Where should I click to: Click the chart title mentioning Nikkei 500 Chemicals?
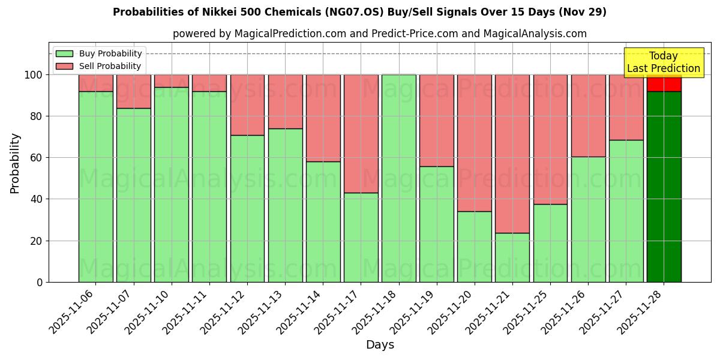click(x=359, y=12)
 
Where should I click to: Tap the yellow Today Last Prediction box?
click(x=663, y=62)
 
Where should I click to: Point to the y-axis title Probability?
click(x=15, y=163)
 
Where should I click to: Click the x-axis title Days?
click(x=380, y=345)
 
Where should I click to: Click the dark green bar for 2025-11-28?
click(x=664, y=186)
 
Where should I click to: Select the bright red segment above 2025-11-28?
click(x=664, y=83)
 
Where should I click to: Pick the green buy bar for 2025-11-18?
click(x=398, y=178)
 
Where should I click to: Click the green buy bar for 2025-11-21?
click(x=512, y=257)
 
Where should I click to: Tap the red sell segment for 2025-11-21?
click(x=512, y=154)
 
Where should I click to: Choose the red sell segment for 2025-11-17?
click(x=361, y=133)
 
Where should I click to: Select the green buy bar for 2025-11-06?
click(x=95, y=186)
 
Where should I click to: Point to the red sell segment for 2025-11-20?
click(x=474, y=143)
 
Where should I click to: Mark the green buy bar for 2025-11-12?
click(x=247, y=208)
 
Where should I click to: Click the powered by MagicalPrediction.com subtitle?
click(x=379, y=34)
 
